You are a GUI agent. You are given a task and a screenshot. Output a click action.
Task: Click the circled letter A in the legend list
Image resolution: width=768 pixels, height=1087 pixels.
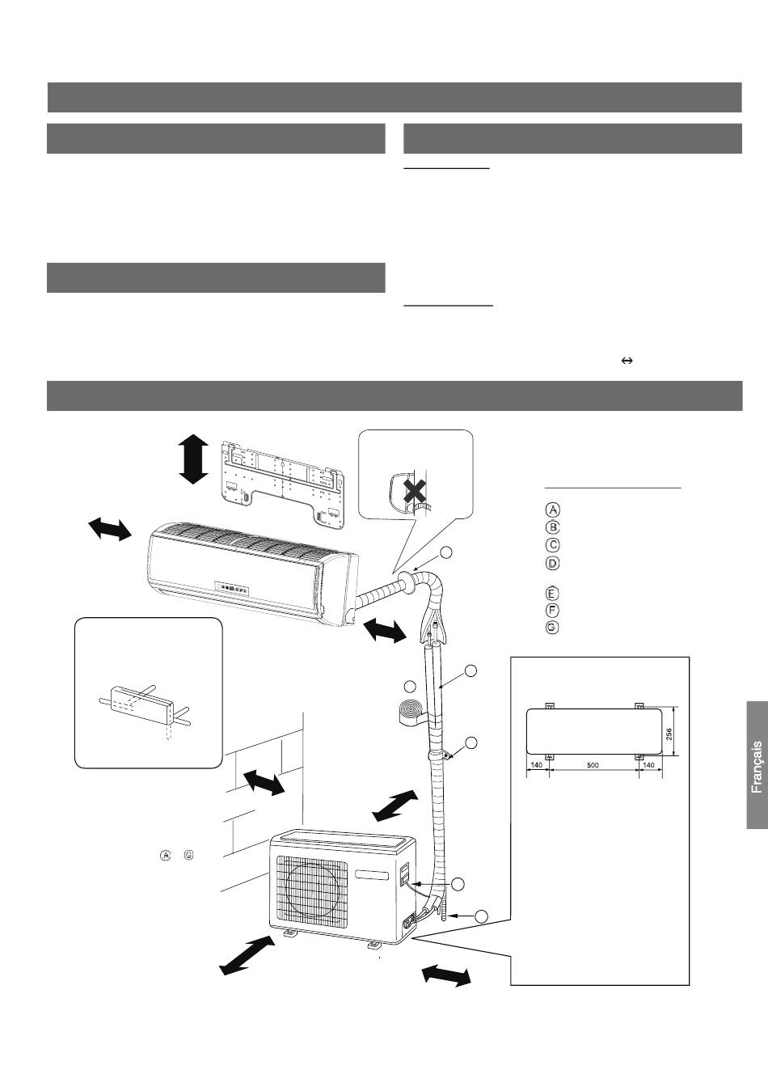click(552, 510)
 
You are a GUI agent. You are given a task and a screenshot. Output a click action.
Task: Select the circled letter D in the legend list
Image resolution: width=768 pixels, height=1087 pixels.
click(552, 563)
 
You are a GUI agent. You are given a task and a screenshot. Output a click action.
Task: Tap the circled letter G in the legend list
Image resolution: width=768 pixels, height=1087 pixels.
click(552, 627)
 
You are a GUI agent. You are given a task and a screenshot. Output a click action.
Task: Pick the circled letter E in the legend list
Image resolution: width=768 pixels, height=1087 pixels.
click(552, 594)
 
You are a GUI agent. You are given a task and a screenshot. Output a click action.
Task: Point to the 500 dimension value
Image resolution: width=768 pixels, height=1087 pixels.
click(593, 765)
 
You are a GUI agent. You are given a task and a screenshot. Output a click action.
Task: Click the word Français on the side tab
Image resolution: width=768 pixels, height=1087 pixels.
click(757, 768)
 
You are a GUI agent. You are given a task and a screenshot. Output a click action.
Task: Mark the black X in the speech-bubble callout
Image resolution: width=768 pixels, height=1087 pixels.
click(414, 492)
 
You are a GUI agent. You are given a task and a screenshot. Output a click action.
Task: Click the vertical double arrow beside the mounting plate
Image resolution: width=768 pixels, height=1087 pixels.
click(193, 459)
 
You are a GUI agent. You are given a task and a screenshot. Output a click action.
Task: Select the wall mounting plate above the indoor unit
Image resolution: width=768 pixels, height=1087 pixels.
click(283, 482)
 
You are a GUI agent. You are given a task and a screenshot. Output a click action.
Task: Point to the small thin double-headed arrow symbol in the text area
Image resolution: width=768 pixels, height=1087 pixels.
click(627, 361)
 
